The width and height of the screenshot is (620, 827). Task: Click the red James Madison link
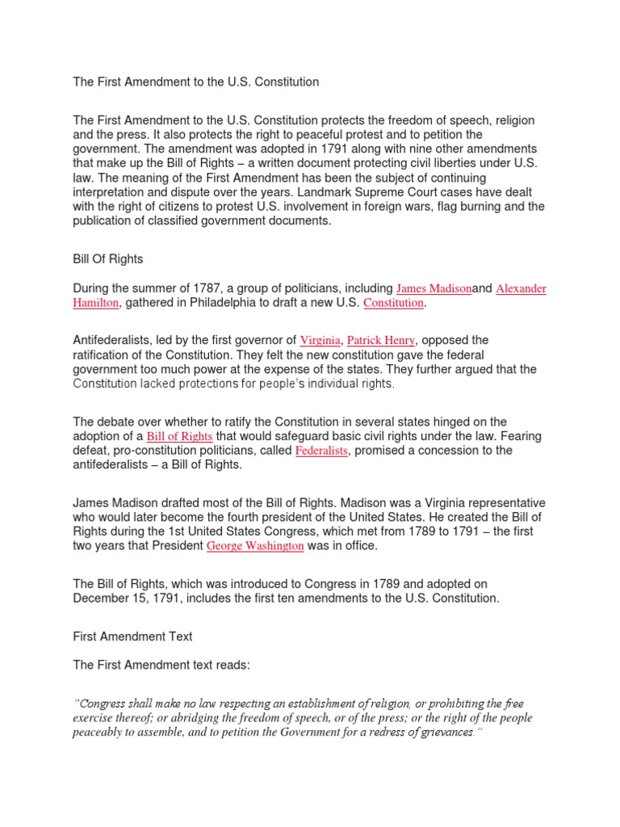tap(434, 288)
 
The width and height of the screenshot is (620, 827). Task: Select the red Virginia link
tap(320, 341)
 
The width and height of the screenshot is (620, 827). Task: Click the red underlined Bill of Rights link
tap(179, 437)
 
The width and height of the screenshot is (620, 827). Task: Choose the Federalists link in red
tap(321, 451)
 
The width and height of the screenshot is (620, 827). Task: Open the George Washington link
tap(255, 547)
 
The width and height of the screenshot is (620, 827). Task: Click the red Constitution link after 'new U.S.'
tap(393, 303)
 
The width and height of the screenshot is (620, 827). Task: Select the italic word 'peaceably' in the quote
tap(100, 733)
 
